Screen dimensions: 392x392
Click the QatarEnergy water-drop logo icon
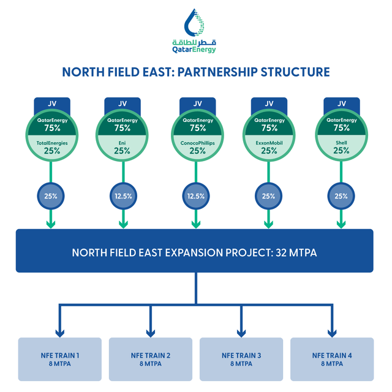tap(194, 23)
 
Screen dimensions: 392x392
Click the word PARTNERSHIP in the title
tap(217, 72)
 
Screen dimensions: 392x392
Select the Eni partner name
tap(123, 143)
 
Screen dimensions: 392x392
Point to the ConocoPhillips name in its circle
tap(197, 143)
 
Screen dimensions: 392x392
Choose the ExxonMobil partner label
tap(269, 143)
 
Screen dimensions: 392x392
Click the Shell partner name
tap(341, 143)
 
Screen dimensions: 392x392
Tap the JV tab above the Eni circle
tap(123, 104)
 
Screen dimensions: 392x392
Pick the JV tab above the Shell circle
tap(342, 104)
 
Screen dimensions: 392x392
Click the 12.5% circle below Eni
tap(123, 196)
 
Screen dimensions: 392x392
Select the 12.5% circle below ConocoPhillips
tap(196, 196)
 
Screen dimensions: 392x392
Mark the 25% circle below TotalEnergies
tap(51, 196)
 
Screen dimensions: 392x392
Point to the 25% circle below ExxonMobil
tap(268, 196)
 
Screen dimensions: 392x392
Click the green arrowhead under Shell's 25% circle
tap(341, 224)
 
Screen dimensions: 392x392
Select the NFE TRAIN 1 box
tap(60, 360)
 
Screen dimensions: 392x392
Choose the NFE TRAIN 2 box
tap(151, 360)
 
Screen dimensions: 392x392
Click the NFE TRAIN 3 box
tap(241, 360)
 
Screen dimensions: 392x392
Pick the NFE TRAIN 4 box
tap(332, 360)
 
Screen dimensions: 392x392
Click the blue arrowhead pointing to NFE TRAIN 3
tap(241, 333)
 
